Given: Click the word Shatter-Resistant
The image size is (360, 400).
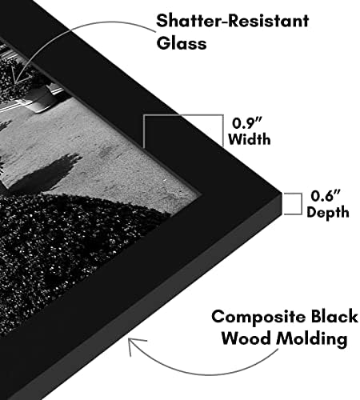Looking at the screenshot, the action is coord(233,21).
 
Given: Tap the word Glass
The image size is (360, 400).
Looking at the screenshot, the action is coord(182,43).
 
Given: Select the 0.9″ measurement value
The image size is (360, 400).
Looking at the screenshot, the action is coord(247,123).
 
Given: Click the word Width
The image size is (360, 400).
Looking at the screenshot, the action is coord(250,139).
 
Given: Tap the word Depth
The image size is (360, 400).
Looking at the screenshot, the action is coord(328,212).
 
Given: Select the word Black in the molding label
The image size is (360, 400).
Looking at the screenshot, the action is coord(334,316).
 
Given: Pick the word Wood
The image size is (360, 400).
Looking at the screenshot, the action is coord(246,338).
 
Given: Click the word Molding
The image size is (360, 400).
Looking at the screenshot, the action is coord(311,339).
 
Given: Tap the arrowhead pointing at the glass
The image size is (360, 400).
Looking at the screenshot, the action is coord(18,75).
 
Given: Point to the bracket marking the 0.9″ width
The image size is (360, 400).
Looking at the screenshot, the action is coord(183,115).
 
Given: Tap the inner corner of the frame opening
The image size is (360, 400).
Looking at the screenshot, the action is coord(202,191).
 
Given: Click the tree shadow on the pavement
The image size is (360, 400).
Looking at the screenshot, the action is coord(46,173).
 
